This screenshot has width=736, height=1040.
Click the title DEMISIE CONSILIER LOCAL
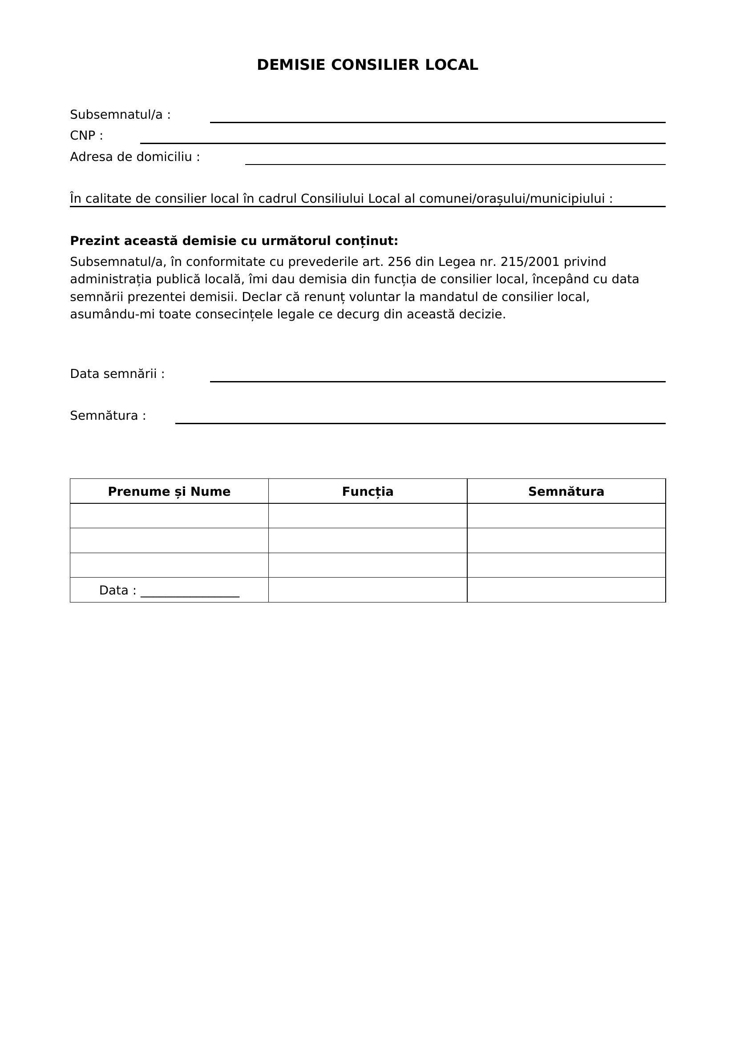[x=368, y=65]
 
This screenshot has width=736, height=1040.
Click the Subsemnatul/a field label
[x=120, y=115]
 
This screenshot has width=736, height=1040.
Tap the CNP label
[x=86, y=136]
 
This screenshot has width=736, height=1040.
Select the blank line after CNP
[x=402, y=142]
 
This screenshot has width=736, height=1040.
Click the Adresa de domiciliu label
[x=134, y=157]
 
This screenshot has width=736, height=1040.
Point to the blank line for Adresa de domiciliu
[x=455, y=164]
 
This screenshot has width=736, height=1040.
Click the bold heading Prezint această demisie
[x=234, y=241]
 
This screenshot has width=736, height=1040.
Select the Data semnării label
[x=117, y=373]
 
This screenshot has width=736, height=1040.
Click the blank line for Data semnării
[x=437, y=381]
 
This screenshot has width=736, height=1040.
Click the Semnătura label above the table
[x=108, y=415]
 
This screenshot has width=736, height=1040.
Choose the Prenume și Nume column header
[x=169, y=491]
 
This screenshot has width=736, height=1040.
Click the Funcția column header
[x=368, y=491]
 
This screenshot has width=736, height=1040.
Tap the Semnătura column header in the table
[x=566, y=491]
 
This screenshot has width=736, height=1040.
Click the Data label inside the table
[x=117, y=590]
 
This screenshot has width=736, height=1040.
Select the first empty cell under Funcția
[x=368, y=515]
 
